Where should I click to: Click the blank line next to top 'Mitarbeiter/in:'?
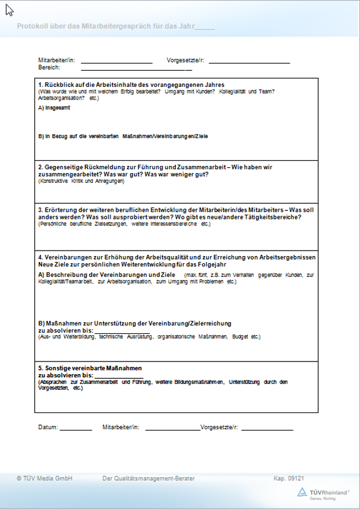click(116, 62)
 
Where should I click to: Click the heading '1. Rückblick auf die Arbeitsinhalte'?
click(135, 85)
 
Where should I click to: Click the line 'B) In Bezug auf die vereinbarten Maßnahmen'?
click(122, 137)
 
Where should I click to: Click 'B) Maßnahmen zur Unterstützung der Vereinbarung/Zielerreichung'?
click(134, 323)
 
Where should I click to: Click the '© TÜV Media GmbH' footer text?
click(44, 478)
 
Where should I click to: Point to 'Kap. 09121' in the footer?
click(289, 478)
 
